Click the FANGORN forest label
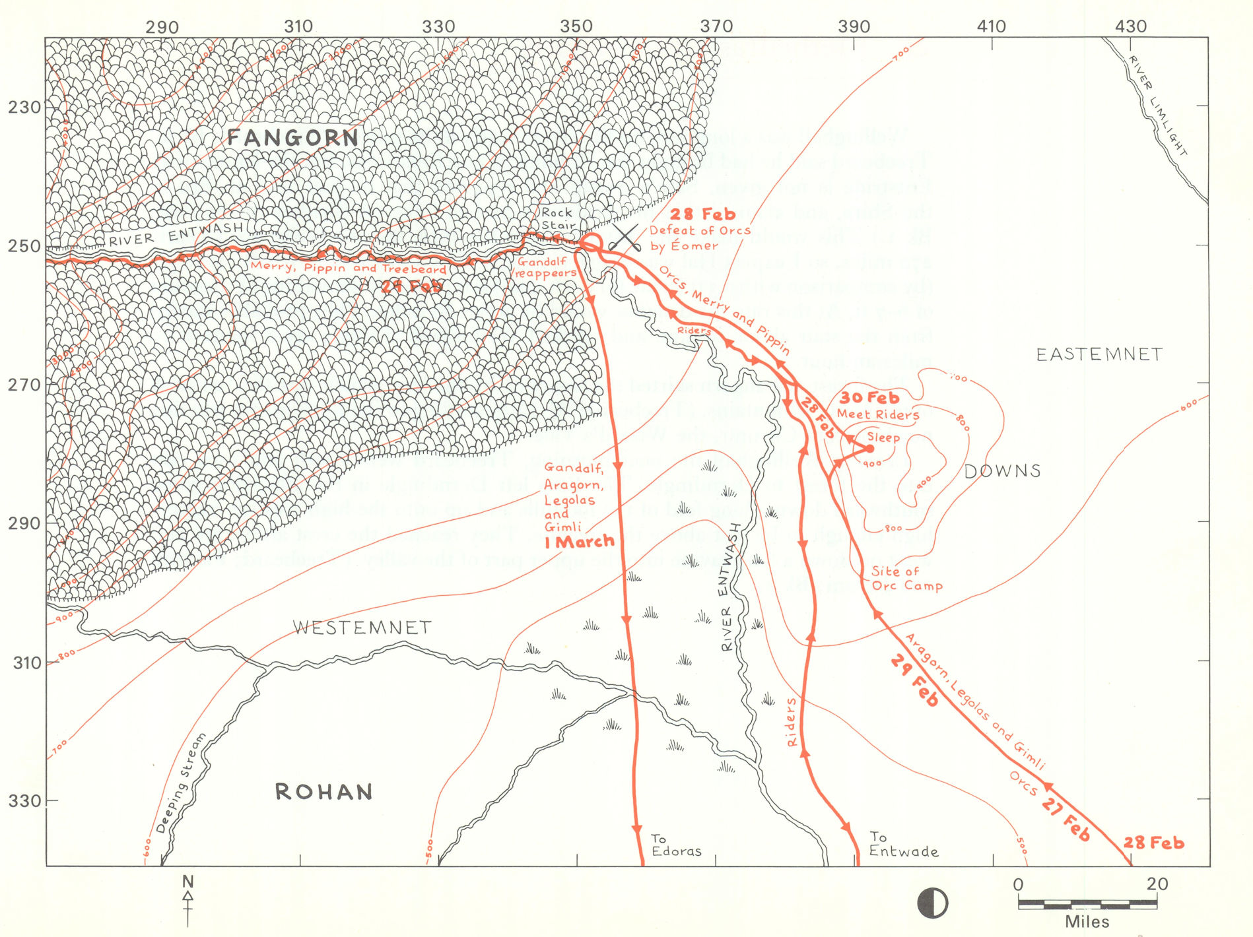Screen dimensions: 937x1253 (292, 138)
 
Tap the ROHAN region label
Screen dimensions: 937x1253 (323, 792)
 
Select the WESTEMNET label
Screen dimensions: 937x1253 (362, 627)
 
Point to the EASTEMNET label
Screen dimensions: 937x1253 (1099, 355)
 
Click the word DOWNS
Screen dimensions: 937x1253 (1002, 471)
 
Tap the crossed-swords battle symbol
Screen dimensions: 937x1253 (625, 238)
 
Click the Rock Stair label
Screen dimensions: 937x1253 (558, 219)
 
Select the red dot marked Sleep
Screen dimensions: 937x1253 (869, 449)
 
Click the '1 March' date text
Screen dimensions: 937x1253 (579, 542)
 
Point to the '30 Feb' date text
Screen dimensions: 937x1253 (869, 397)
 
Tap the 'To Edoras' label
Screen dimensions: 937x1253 (675, 845)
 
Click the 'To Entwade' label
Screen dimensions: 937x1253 (902, 845)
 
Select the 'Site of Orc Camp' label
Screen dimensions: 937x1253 (906, 579)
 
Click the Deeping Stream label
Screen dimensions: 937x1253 (182, 783)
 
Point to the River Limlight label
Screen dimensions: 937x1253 (1157, 106)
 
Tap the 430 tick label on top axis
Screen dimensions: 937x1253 (1130, 26)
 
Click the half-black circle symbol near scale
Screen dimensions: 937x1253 (933, 903)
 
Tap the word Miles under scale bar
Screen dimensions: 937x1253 (1087, 922)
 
